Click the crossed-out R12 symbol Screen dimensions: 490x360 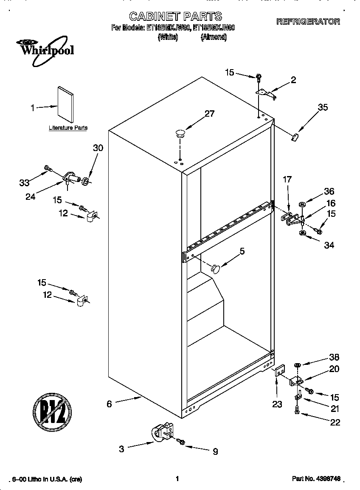pos(52,411)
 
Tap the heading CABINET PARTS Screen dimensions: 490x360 pos(175,16)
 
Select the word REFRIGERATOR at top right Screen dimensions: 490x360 pos(308,22)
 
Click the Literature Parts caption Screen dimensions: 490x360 pos(68,128)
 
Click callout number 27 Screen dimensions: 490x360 pos(209,114)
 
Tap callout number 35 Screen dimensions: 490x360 pos(323,107)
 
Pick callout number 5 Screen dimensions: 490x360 pos(242,251)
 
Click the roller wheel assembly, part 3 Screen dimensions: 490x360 pos(162,432)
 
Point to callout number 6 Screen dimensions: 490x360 pos(110,404)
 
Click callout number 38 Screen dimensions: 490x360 pos(334,357)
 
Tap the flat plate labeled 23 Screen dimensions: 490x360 pos(279,372)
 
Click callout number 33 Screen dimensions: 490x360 pos(25,182)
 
